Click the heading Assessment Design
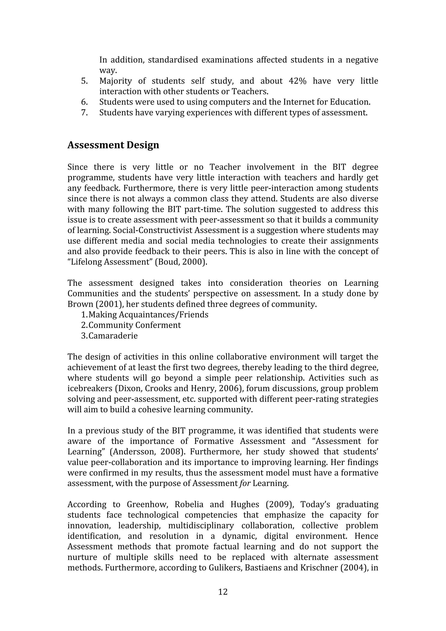(x=113, y=145)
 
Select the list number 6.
(x=84, y=102)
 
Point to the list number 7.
(x=84, y=113)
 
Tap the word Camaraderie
(x=113, y=336)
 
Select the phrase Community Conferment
(x=134, y=325)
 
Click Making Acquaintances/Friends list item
(x=148, y=315)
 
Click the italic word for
(x=245, y=483)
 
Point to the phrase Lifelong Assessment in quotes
(x=110, y=262)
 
